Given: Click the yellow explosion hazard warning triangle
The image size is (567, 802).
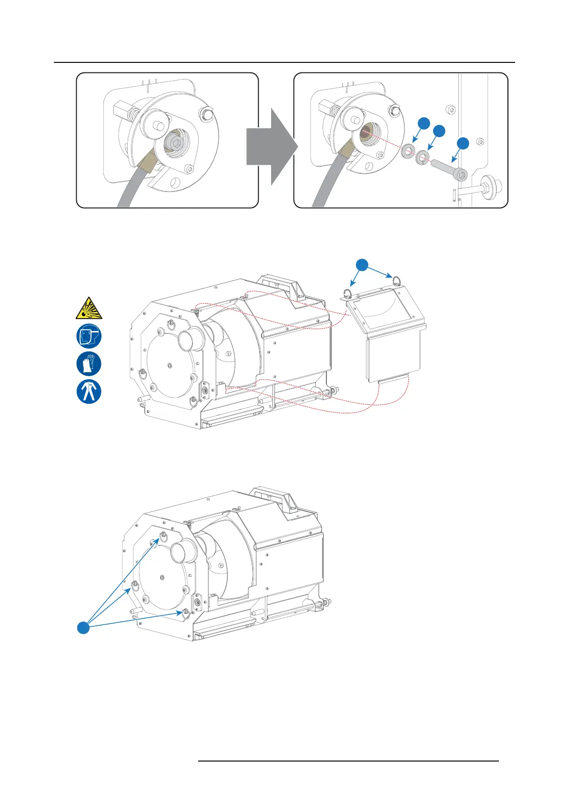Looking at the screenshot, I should pyautogui.click(x=89, y=308).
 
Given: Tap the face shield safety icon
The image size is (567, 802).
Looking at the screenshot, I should pyautogui.click(x=89, y=336).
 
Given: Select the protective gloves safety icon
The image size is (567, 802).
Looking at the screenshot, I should pyautogui.click(x=89, y=364).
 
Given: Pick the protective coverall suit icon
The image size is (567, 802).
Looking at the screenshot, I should pyautogui.click(x=89, y=392).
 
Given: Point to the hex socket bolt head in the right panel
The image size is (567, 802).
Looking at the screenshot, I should pyautogui.click(x=461, y=175).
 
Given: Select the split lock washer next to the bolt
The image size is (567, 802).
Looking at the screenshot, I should pyautogui.click(x=422, y=158).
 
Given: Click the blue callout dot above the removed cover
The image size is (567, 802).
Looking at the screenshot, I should pyautogui.click(x=363, y=265).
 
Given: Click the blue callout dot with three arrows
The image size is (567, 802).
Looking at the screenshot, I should pyautogui.click(x=83, y=628).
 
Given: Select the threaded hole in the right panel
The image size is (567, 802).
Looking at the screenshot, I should pyautogui.click(x=367, y=132).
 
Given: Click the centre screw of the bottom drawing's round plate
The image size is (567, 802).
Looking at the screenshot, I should pyautogui.click(x=162, y=577).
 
